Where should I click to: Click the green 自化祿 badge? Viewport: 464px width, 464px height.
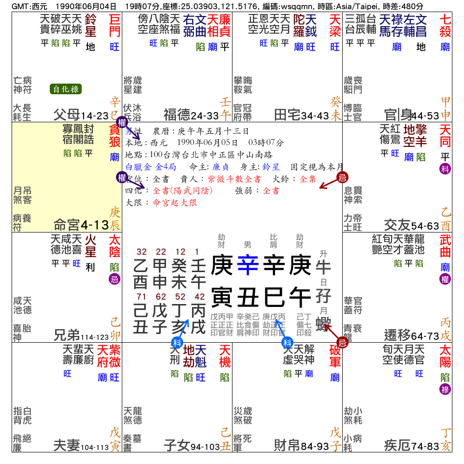coord(66,89)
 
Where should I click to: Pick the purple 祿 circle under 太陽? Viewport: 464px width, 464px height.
coord(445,389)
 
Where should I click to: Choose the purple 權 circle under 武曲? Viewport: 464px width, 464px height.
coord(445,279)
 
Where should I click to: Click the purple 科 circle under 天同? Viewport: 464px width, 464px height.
coord(445,169)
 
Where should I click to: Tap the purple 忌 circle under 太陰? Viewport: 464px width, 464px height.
coord(115,279)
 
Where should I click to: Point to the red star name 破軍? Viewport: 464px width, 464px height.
coord(335,356)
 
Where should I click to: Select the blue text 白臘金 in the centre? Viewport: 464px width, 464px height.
coord(138,167)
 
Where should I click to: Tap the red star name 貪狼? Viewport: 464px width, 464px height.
coord(115,136)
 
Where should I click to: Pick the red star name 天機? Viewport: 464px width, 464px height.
coord(225,356)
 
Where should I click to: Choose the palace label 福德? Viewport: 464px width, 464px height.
coord(176,115)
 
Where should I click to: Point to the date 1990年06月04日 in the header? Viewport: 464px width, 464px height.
coord(86,7)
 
